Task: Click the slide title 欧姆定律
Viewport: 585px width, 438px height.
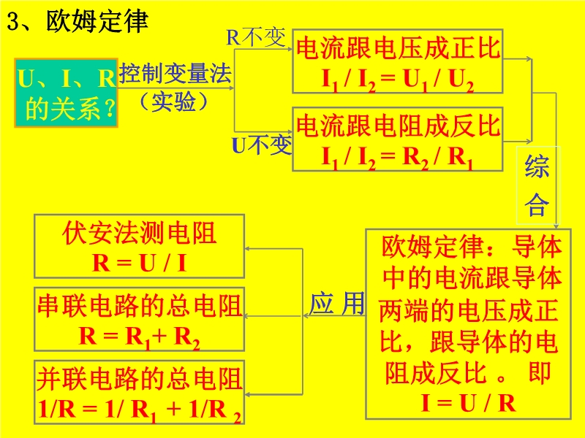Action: (x=97, y=21)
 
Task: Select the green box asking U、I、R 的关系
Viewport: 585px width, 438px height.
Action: (x=67, y=93)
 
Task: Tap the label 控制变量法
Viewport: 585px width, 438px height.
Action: (x=175, y=74)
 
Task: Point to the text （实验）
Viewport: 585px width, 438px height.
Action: (x=173, y=101)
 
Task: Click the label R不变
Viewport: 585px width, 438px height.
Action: (x=256, y=37)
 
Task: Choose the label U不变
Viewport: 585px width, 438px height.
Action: (x=262, y=145)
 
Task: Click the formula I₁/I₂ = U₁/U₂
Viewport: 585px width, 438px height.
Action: (x=398, y=80)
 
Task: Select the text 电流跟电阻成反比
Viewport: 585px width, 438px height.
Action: (x=398, y=126)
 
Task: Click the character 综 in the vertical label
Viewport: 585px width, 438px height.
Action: (x=537, y=167)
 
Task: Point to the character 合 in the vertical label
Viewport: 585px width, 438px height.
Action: (x=537, y=204)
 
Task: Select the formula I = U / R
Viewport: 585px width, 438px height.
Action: (x=469, y=403)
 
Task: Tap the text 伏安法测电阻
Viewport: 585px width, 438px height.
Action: (x=140, y=233)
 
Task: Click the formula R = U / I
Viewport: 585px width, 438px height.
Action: (x=140, y=263)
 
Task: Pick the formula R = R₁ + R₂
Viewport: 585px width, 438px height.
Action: (x=140, y=337)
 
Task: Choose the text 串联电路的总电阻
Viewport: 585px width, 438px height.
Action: (x=140, y=306)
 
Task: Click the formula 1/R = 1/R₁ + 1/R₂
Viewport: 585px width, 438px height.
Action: (x=140, y=410)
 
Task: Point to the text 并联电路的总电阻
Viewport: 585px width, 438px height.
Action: (x=140, y=379)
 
